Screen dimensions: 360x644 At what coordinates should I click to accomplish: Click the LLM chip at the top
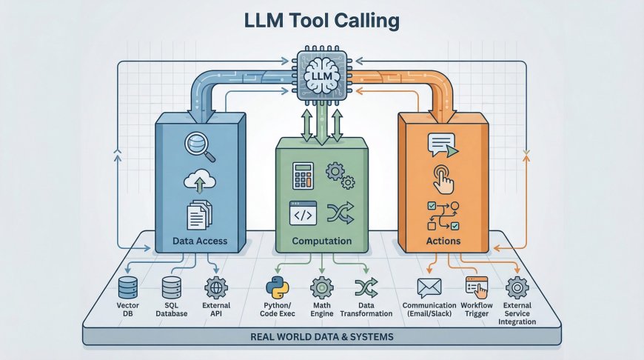[321, 76]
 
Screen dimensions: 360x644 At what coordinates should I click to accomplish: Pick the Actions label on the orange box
[443, 241]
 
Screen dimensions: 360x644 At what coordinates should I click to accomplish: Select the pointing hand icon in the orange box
[443, 178]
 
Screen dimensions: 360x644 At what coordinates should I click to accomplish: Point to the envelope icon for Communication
[429, 287]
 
